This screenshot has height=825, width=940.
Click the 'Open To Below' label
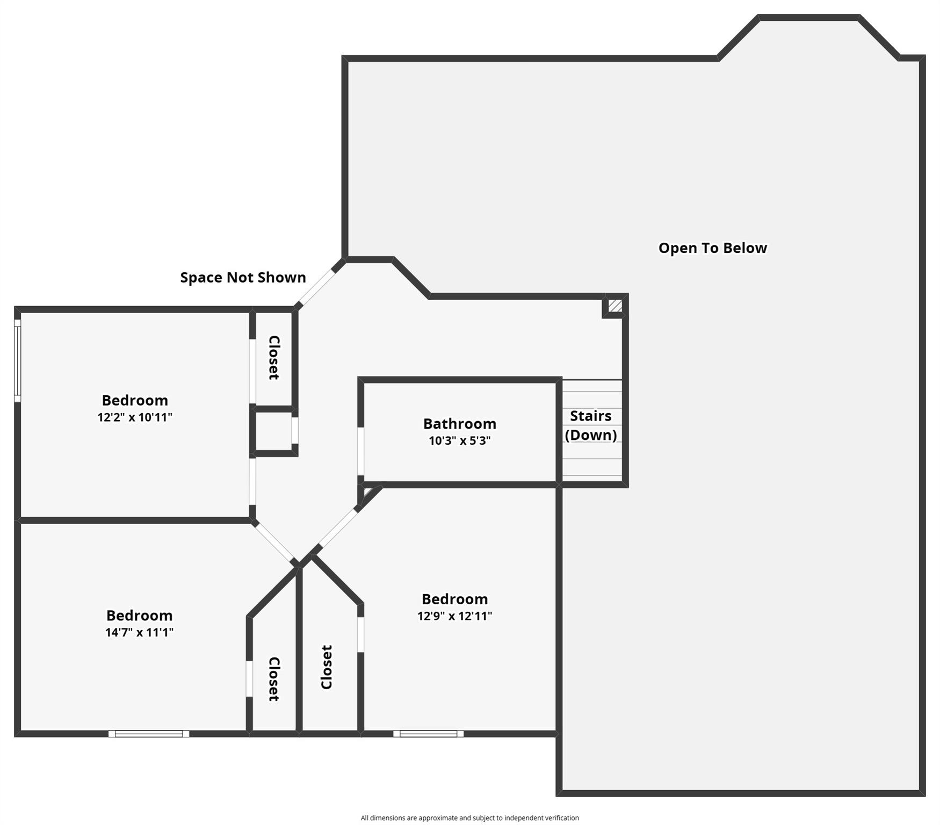(x=712, y=248)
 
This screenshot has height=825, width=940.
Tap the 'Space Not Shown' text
(x=243, y=277)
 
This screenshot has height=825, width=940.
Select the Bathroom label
(x=459, y=424)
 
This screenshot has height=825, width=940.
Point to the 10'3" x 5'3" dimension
(x=459, y=441)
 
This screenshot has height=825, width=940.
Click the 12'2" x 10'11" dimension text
(x=135, y=417)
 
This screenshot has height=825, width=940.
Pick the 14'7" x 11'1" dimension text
(x=139, y=632)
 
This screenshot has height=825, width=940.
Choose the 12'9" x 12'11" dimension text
(x=454, y=616)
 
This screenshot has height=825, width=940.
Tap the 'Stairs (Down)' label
(x=590, y=425)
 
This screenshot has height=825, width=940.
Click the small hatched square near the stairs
(x=615, y=306)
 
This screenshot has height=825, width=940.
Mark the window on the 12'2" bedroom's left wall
(x=17, y=360)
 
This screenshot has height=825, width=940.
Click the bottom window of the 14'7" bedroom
(x=149, y=734)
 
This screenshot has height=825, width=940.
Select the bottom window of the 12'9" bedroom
(x=428, y=734)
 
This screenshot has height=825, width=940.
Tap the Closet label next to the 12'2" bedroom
(x=274, y=358)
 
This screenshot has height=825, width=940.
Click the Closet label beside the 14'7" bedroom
(x=274, y=679)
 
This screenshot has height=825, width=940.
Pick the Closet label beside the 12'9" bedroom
(x=326, y=667)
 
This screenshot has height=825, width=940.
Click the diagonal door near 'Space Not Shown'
(x=317, y=287)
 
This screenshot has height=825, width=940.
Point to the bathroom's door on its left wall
(x=361, y=451)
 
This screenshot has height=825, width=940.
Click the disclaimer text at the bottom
(x=469, y=818)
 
